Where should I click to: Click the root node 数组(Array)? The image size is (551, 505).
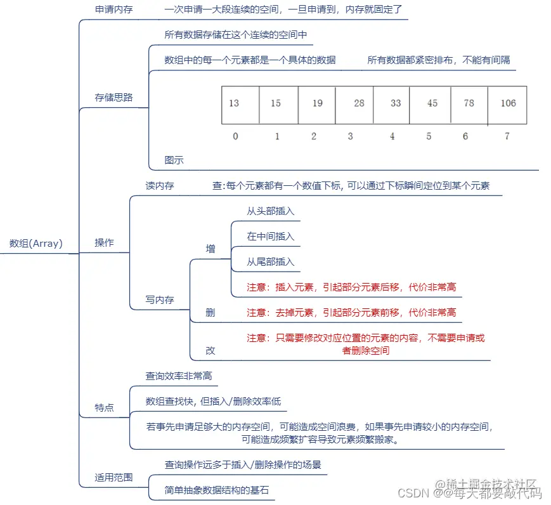(x=36, y=243)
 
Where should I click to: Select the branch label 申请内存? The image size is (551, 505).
(x=113, y=10)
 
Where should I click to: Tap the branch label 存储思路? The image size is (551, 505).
(x=113, y=97)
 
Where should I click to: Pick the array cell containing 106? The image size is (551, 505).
(x=507, y=104)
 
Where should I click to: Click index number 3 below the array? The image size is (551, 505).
(x=351, y=136)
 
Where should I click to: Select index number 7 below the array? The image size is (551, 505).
(x=507, y=136)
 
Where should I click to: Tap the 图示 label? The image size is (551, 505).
(x=174, y=160)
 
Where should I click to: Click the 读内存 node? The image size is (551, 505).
(x=160, y=186)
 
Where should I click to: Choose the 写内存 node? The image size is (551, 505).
(x=160, y=299)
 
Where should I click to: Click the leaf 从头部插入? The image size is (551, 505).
(x=271, y=211)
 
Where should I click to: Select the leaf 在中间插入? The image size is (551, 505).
(x=271, y=237)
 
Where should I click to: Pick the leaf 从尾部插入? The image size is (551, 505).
(x=271, y=262)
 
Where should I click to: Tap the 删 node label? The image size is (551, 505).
(x=211, y=312)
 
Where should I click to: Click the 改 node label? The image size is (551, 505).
(x=211, y=350)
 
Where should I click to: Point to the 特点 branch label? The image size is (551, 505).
(x=104, y=407)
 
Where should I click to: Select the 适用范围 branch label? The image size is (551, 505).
(x=113, y=477)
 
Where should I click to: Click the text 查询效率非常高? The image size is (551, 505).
(x=179, y=376)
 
